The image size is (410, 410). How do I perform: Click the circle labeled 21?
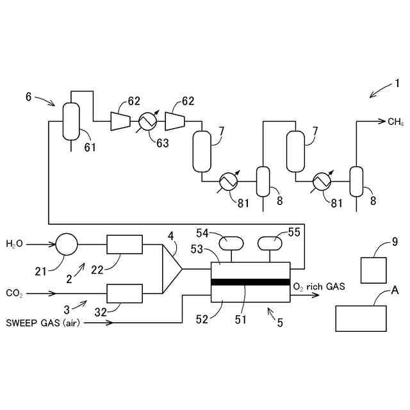click(67, 244)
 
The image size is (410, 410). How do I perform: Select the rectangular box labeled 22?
click(124, 244)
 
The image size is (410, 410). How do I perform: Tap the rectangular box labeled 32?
click(124, 293)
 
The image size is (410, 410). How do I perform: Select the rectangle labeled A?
click(361, 318)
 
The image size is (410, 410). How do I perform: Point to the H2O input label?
click(15, 244)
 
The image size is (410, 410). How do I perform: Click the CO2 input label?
click(14, 293)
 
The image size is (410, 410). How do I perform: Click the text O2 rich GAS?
click(318, 286)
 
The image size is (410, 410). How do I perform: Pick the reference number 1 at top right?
click(397, 84)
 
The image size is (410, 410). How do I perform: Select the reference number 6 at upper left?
click(29, 96)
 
